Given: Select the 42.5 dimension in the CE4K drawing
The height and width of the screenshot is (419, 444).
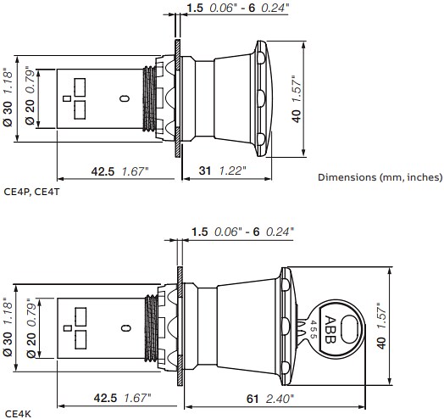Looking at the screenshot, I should click(105, 397).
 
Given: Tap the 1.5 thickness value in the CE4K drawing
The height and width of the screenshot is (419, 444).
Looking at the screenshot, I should click(200, 231).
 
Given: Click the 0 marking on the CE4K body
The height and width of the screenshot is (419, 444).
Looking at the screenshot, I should click(125, 327).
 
